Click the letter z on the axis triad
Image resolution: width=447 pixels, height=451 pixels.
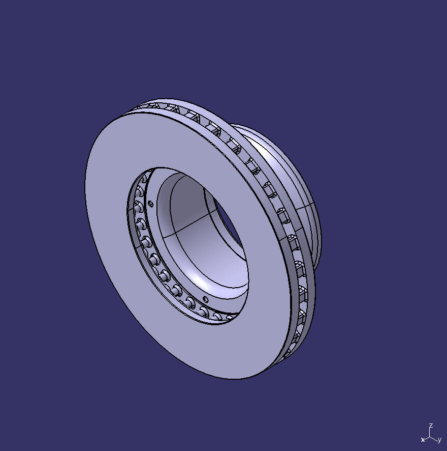(x=431, y=425)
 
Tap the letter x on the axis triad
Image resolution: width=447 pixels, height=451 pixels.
(x=423, y=439)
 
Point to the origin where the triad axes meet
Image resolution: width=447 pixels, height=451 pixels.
(x=430, y=436)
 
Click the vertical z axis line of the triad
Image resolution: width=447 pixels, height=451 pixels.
(x=430, y=432)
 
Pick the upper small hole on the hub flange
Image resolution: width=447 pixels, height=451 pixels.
(x=151, y=203)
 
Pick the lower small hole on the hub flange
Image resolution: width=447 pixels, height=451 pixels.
(x=205, y=299)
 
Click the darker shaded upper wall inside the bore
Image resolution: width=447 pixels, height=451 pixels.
(x=188, y=199)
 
